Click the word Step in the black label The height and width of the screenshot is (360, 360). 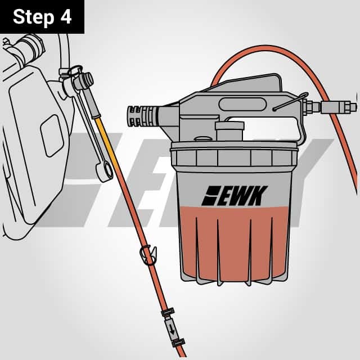tap(33, 17)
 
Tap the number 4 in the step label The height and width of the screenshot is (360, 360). tap(66, 17)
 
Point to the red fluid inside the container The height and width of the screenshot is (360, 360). tap(236, 242)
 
